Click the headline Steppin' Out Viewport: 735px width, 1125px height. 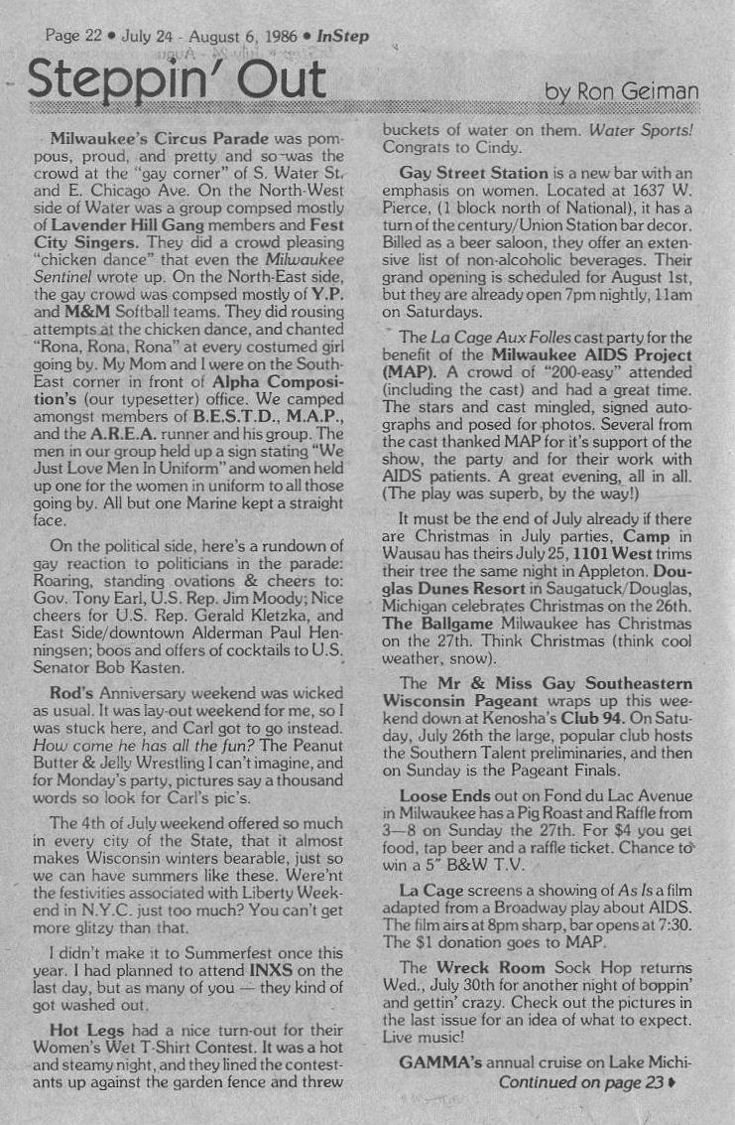click(x=177, y=79)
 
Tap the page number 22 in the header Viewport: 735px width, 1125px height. click(x=89, y=37)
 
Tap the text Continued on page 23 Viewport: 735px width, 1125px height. click(x=581, y=1082)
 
